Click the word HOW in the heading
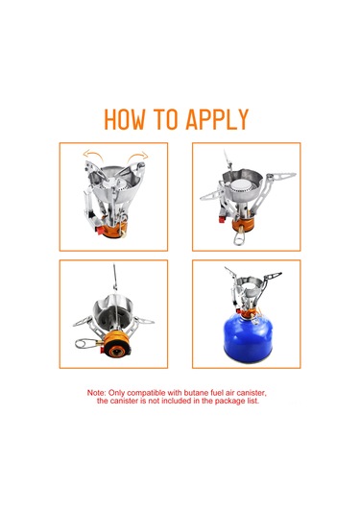pos(125,119)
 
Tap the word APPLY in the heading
pos(217,119)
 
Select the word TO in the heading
pos(165,119)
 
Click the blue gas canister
pos(248,337)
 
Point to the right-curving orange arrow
pos(138,156)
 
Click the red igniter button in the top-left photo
pos(99,231)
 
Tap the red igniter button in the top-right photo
pos(223,219)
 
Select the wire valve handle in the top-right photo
pos(238,236)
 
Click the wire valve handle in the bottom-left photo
pos(85,344)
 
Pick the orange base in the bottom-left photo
pos(116,344)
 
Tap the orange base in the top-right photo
pos(243,225)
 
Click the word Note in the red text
pos(96,393)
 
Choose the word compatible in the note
pos(147,393)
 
